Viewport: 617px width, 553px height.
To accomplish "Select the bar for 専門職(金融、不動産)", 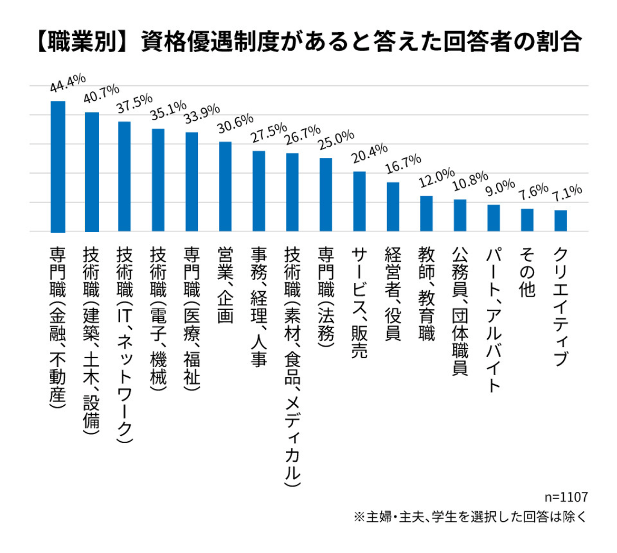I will point(57,166).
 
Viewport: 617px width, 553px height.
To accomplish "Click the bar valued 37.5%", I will point(124,176).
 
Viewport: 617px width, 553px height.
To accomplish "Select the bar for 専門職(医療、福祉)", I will point(192,182).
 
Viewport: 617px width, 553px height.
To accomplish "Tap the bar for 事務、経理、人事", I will point(259,191).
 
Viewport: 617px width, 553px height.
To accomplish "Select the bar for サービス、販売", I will point(360,201).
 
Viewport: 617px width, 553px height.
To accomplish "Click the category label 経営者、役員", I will point(393,293).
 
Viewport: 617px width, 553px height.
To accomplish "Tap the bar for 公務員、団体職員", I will point(460,215).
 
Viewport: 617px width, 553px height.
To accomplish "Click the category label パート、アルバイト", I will point(494,319).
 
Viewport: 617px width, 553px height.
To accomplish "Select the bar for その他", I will point(527,220).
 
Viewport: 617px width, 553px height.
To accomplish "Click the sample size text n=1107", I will point(565,497).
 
